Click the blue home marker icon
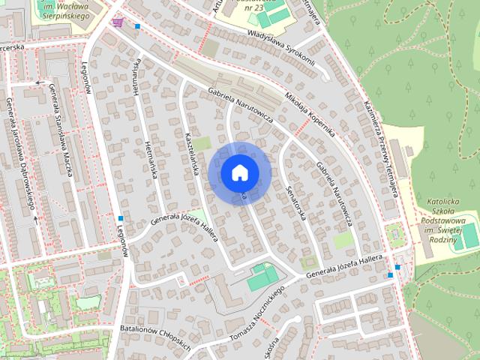point(239,172)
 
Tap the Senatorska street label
point(297,202)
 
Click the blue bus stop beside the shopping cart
point(137,27)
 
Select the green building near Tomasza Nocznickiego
point(262,277)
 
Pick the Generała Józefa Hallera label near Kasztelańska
point(184,226)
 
